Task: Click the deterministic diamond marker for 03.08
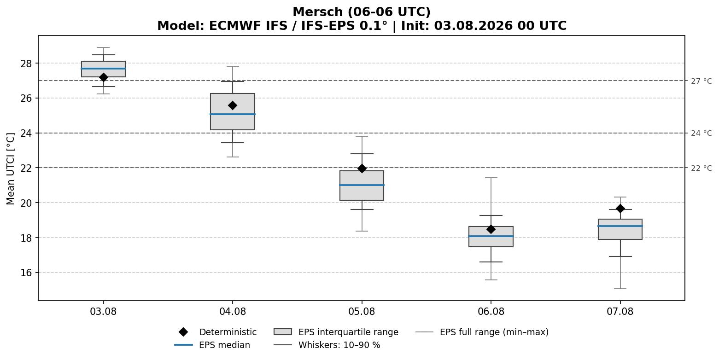point(103,77)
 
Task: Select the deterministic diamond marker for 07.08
point(620,209)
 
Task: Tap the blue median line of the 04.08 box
point(233,114)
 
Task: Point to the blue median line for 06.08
point(491,236)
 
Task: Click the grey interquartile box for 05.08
point(362,186)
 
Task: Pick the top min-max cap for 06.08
point(491,178)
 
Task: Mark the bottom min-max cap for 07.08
point(620,289)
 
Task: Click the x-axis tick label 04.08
point(233,312)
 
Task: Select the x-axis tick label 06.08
point(491,312)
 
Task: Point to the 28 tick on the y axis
point(26,64)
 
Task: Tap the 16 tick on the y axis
point(26,273)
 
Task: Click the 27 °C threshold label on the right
point(701,81)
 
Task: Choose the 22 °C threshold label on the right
point(701,168)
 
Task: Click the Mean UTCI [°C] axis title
point(11,169)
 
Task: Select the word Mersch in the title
point(318,12)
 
